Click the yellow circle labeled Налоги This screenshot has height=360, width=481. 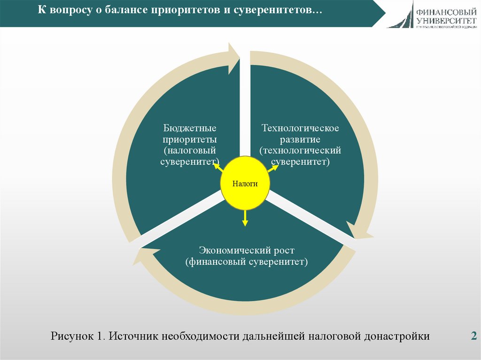(x=245, y=184)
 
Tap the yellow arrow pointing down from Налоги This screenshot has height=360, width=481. (x=245, y=218)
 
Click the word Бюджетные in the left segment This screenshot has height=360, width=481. (x=190, y=128)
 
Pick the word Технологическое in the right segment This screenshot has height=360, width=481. (x=300, y=128)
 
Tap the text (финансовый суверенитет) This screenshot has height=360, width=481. (x=246, y=261)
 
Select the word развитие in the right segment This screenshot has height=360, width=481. (x=300, y=139)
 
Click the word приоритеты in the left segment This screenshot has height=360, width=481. (x=190, y=139)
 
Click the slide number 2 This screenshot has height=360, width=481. (x=473, y=336)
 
